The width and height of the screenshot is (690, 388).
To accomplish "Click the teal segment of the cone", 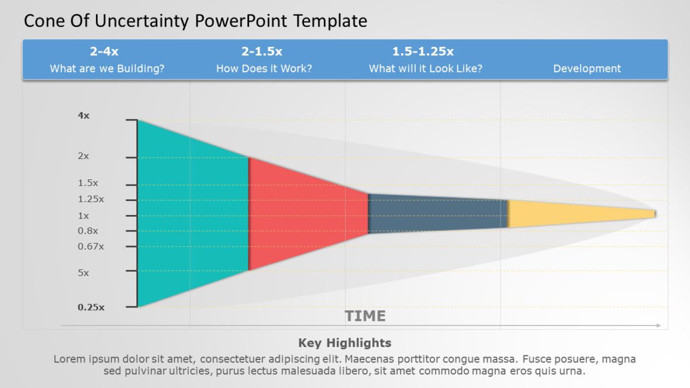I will click(x=193, y=213).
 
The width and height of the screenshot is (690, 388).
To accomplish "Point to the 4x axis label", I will click(x=84, y=116).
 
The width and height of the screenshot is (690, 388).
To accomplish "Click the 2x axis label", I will click(x=84, y=156).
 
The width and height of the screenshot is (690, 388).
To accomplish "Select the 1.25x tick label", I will click(x=91, y=199).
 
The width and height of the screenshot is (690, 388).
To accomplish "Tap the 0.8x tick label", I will click(x=88, y=231).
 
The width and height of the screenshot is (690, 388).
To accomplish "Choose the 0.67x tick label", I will click(x=91, y=246).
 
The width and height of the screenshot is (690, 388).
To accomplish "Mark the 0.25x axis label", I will click(x=91, y=307).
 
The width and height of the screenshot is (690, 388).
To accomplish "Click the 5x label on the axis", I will click(x=84, y=272).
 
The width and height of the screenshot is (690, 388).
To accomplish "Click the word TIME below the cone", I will click(x=365, y=316).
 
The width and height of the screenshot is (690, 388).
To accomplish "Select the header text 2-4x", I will click(x=104, y=51).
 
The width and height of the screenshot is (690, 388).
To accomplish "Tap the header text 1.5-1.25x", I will click(x=423, y=51).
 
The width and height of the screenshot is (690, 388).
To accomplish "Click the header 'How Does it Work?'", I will click(x=264, y=68).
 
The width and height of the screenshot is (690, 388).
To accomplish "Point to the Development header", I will click(x=587, y=68).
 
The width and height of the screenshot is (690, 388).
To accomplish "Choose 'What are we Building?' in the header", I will click(x=107, y=68).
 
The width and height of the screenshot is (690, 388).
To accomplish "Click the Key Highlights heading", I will click(x=344, y=343).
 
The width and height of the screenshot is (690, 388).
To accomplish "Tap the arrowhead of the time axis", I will click(x=658, y=325).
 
